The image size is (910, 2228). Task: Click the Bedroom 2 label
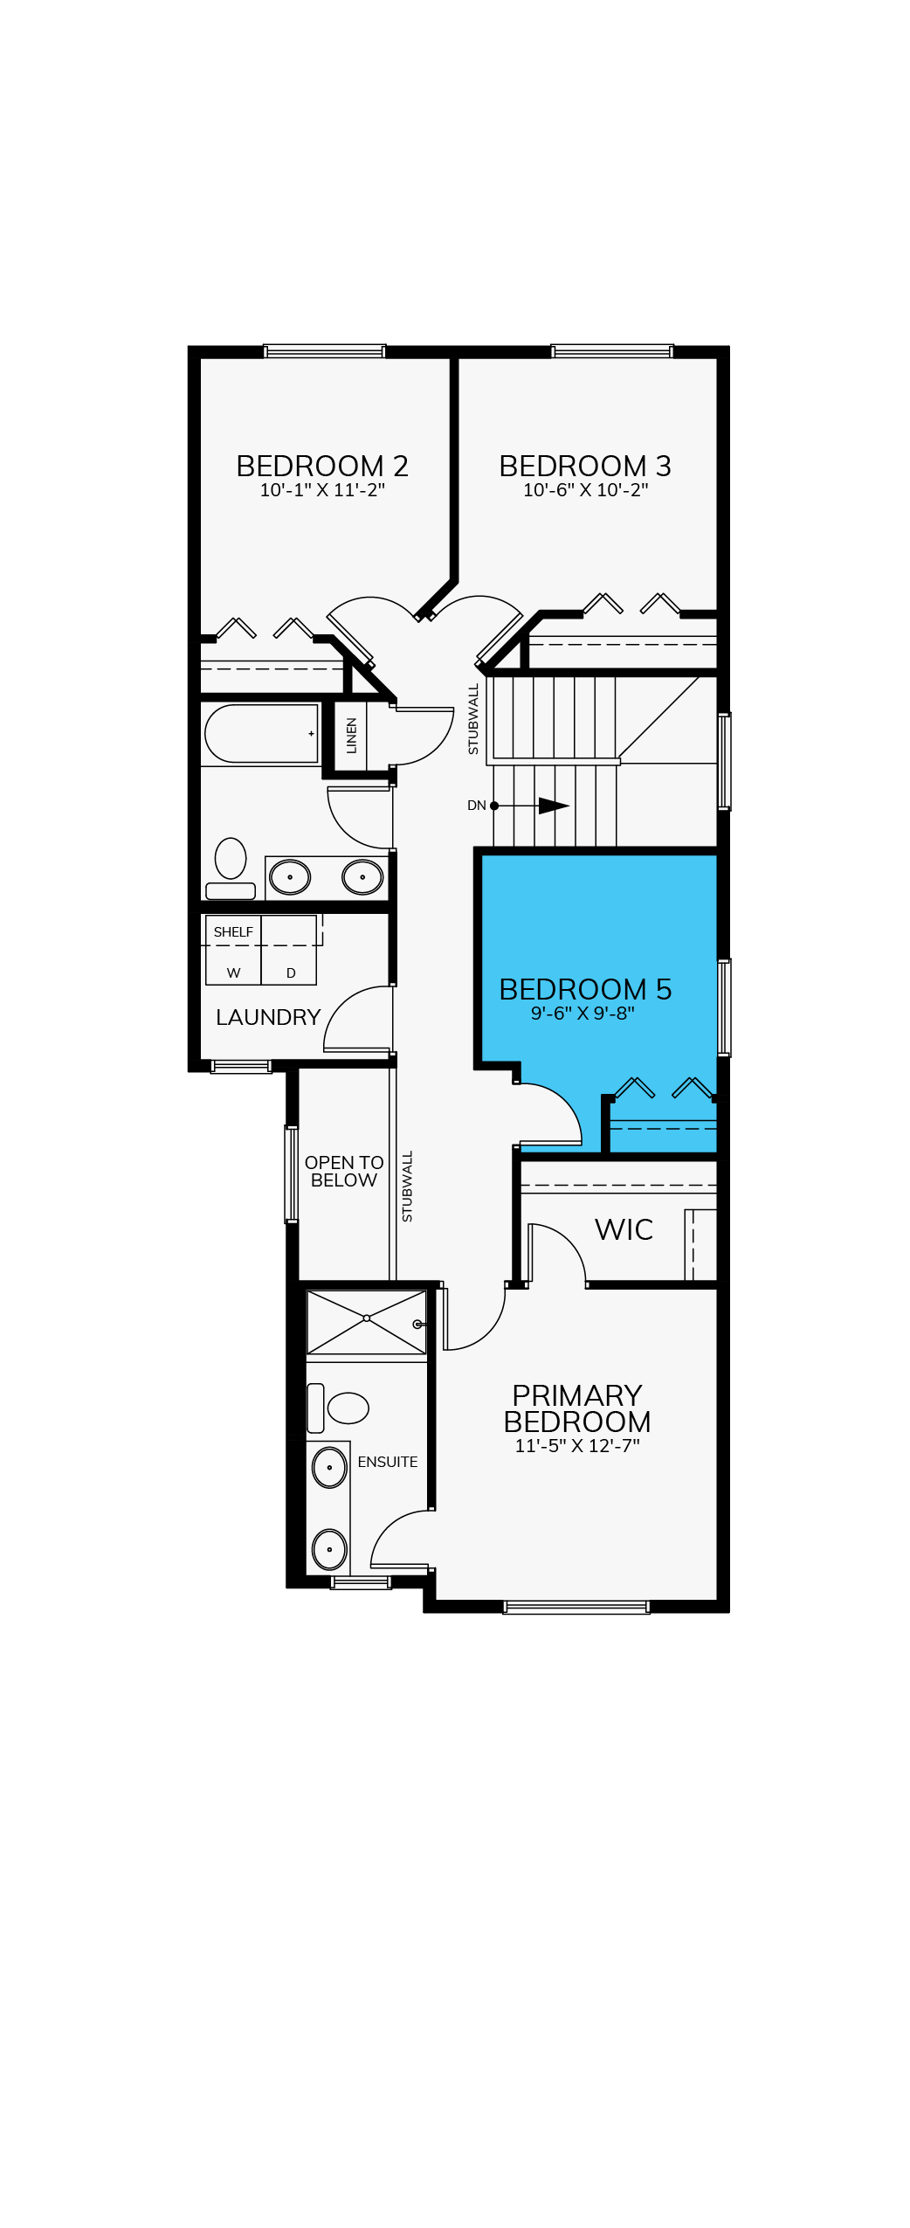322,466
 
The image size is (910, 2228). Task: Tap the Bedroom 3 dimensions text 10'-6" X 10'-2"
585,490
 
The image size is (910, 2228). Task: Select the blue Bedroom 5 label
585,989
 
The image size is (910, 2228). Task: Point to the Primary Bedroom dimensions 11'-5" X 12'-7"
577,1446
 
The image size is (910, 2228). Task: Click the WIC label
624,1229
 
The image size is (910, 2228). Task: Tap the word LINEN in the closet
352,736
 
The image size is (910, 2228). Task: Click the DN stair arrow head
554,806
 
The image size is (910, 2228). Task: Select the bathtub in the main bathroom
260,734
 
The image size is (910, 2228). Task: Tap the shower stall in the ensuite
367,1322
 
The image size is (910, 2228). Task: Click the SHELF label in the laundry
233,932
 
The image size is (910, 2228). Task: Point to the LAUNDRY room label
268,1017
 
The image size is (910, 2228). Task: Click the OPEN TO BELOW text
344,1172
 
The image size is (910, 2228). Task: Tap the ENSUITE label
388,1462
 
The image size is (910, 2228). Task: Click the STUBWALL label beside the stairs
473,719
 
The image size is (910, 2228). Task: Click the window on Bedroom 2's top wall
324,351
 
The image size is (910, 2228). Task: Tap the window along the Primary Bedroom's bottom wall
576,1607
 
